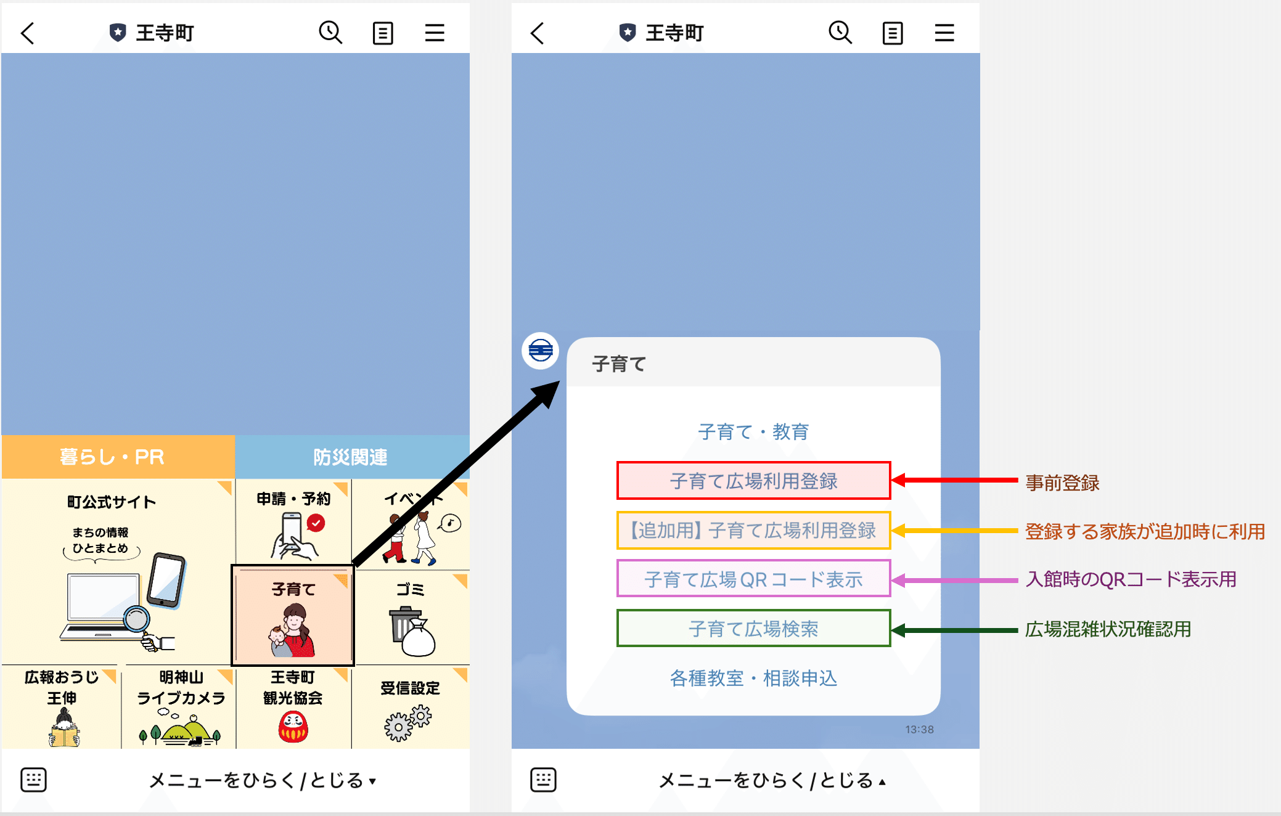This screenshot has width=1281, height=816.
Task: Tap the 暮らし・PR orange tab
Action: click(118, 457)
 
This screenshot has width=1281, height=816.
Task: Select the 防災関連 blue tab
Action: click(352, 457)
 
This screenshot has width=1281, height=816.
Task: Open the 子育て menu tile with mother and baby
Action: click(293, 615)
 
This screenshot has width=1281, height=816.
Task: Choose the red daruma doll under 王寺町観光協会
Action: click(293, 727)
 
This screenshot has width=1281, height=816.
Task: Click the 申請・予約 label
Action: click(293, 499)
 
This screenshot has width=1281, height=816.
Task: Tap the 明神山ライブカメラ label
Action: click(181, 688)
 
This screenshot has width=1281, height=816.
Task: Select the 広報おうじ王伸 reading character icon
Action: click(64, 728)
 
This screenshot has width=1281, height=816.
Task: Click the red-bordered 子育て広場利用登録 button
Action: click(753, 481)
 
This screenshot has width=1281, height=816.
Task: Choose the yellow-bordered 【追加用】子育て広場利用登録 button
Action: click(753, 530)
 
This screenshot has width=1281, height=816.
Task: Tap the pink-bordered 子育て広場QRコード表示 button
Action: click(753, 579)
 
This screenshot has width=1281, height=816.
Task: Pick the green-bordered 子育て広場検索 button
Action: click(753, 628)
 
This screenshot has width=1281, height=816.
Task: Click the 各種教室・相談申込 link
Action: click(753, 678)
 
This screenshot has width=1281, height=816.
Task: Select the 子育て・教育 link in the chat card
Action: click(753, 431)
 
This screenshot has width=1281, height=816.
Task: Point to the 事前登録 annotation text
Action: click(1062, 483)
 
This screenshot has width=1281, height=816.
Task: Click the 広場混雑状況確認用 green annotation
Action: click(1108, 629)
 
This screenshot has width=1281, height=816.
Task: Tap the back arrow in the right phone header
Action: click(537, 33)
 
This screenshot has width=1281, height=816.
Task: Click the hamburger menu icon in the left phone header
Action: click(435, 33)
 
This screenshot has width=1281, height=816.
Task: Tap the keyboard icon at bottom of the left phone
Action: click(33, 780)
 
